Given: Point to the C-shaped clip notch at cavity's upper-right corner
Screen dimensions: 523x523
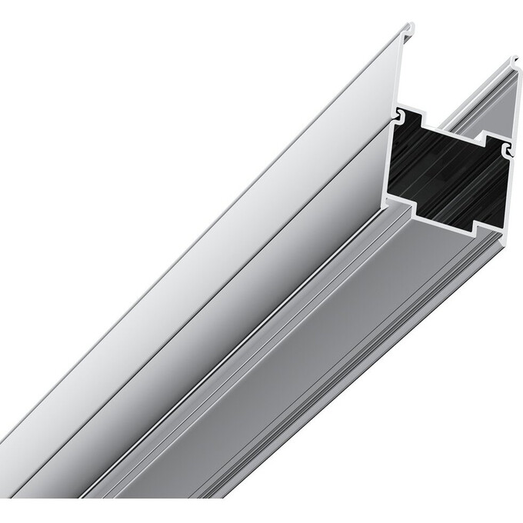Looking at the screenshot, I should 507,148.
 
